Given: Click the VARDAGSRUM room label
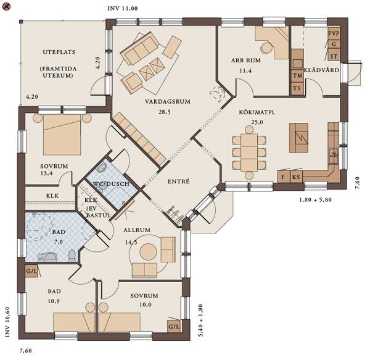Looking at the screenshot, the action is pos(168,101).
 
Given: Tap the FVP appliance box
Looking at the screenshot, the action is pos(334,33).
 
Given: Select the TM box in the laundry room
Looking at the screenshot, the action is pos(297,75).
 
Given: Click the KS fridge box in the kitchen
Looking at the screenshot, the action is pos(296,177).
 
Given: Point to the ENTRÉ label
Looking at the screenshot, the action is pos(179,182).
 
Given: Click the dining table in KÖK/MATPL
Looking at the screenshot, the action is pos(249,152).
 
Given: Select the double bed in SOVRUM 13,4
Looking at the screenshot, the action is pos(62,135).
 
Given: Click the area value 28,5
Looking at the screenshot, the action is pos(165,112).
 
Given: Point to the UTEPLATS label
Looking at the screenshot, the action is pos(59,52).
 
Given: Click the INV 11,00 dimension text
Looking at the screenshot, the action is pos(123,9).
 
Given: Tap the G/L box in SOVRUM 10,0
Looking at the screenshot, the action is pos(174,327).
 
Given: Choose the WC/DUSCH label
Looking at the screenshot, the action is pos(111,184).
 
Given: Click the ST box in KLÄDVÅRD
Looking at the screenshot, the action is pos(334,56).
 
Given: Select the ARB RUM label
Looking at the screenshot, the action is pos(246,61).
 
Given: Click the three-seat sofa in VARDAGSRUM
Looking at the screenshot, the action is pos(140,48).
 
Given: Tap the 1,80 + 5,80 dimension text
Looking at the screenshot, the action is pos(316,200).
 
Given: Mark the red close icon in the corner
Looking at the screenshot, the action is pos(6,7).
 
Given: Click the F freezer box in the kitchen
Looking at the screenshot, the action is pos(284,177).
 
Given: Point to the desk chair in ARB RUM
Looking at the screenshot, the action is pos(266,48).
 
